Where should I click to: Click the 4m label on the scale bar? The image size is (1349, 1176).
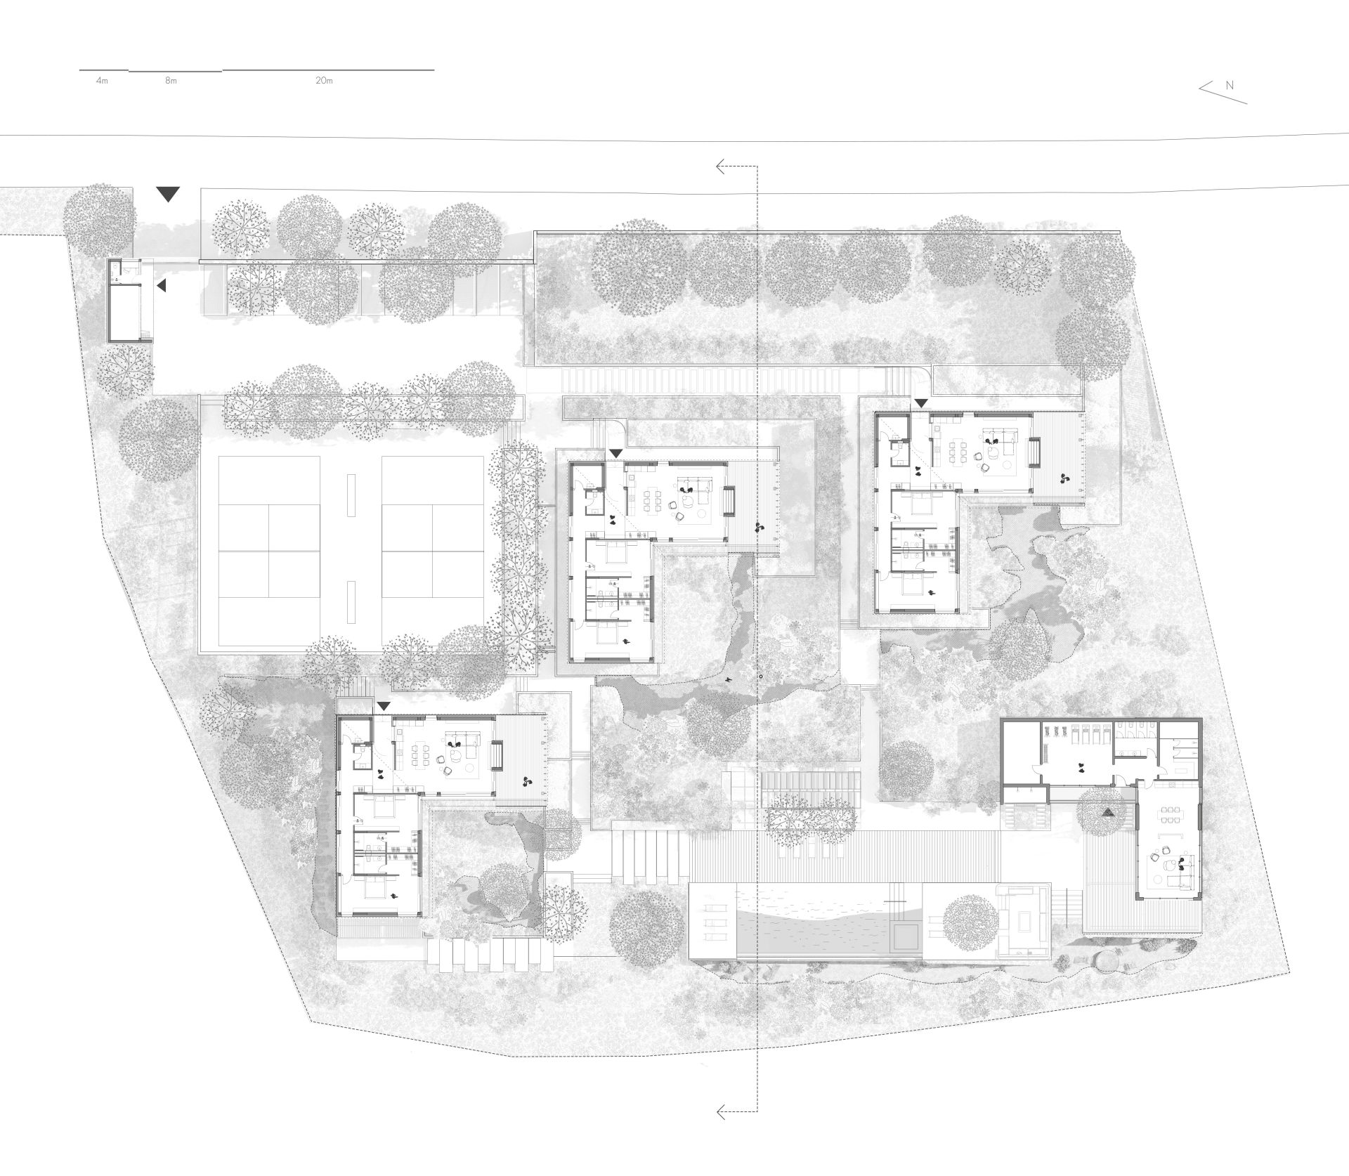point(102,81)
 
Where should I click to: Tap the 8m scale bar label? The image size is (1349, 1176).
point(171,81)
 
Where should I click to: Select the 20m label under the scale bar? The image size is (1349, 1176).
point(324,81)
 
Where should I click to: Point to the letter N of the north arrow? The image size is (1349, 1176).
point(1230,85)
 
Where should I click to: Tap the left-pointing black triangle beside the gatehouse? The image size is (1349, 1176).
point(162,286)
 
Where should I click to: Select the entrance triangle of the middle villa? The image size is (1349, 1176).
point(615,455)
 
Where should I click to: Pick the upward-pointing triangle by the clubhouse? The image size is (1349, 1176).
point(1109,812)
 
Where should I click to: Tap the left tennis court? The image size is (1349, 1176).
point(270,551)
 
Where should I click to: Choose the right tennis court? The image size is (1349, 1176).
point(433,551)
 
